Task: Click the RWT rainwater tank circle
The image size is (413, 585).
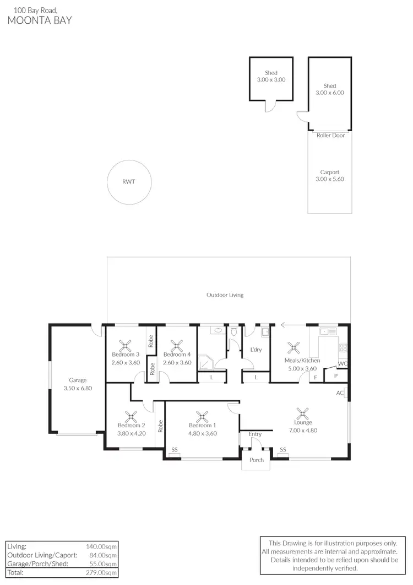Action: tap(128, 182)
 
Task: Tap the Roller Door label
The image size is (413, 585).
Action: tap(330, 135)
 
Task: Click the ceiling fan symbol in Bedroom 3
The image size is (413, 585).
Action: tap(126, 346)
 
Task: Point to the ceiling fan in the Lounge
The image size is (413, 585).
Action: tap(302, 414)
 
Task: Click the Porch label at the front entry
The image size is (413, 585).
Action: tap(257, 460)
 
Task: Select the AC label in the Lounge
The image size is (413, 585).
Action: tap(340, 393)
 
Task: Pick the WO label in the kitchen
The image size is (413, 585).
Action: tap(343, 363)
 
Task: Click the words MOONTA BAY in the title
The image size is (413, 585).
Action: tap(39, 21)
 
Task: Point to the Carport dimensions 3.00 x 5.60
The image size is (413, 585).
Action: tap(329, 179)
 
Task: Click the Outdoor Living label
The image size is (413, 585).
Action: tap(225, 295)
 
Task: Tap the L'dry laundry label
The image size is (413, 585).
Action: tap(256, 350)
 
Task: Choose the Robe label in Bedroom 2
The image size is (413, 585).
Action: tap(160, 426)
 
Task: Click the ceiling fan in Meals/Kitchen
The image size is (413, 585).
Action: tap(292, 347)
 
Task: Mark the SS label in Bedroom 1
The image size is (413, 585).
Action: tap(175, 449)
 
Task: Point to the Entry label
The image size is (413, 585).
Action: tap(255, 434)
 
